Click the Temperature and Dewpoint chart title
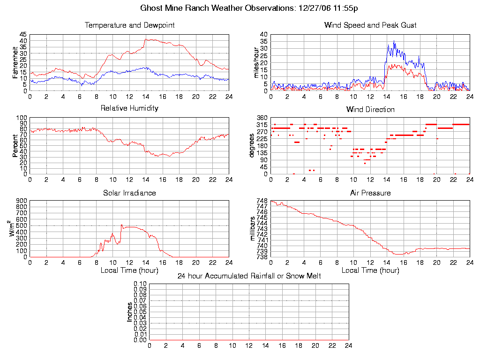click(x=129, y=25)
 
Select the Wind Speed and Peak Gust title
click(x=370, y=25)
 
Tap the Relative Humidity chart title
click(x=129, y=108)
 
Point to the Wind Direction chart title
click(x=370, y=110)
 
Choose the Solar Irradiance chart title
click(x=129, y=193)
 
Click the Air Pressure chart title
click(x=370, y=193)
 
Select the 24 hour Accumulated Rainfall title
click(x=249, y=276)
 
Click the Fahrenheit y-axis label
click(x=15, y=62)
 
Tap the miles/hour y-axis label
click(x=256, y=62)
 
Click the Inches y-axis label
click(x=130, y=312)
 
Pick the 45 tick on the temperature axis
click(x=23, y=35)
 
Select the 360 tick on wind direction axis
click(x=262, y=118)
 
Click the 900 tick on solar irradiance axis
click(x=22, y=201)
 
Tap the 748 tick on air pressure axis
click(x=262, y=201)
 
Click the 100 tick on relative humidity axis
click(x=22, y=118)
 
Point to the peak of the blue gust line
click(x=394, y=41)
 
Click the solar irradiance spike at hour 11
click(x=121, y=225)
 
